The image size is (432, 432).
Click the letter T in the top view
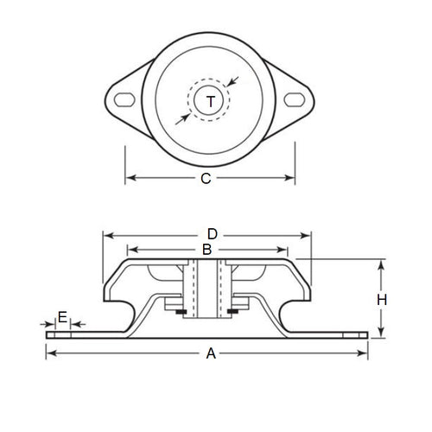pos(210,103)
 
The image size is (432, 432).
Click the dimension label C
pos(206,179)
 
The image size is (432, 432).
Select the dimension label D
pos(211,234)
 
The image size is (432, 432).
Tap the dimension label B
pos(206,250)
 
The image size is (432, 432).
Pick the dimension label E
pos(61,317)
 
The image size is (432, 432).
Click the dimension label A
pos(207,353)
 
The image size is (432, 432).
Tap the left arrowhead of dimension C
pos(130,179)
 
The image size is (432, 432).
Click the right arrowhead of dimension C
pos(290,179)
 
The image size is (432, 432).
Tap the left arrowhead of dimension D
pos(107,234)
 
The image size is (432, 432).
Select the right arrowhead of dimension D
pos(306,234)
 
